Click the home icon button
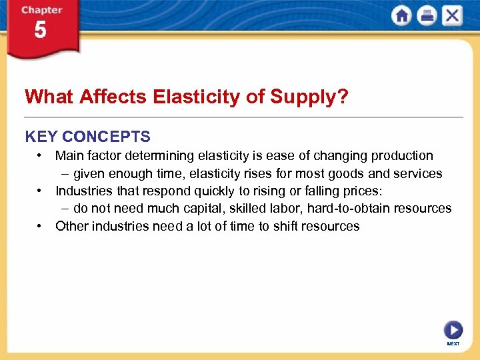402,16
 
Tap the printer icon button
427,16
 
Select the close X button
452,16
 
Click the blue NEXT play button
453,330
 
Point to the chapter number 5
41,30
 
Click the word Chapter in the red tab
41,10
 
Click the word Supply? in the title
309,97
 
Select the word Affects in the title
114,97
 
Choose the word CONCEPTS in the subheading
106,137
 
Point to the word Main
70,156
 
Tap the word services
417,173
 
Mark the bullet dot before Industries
41,191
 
